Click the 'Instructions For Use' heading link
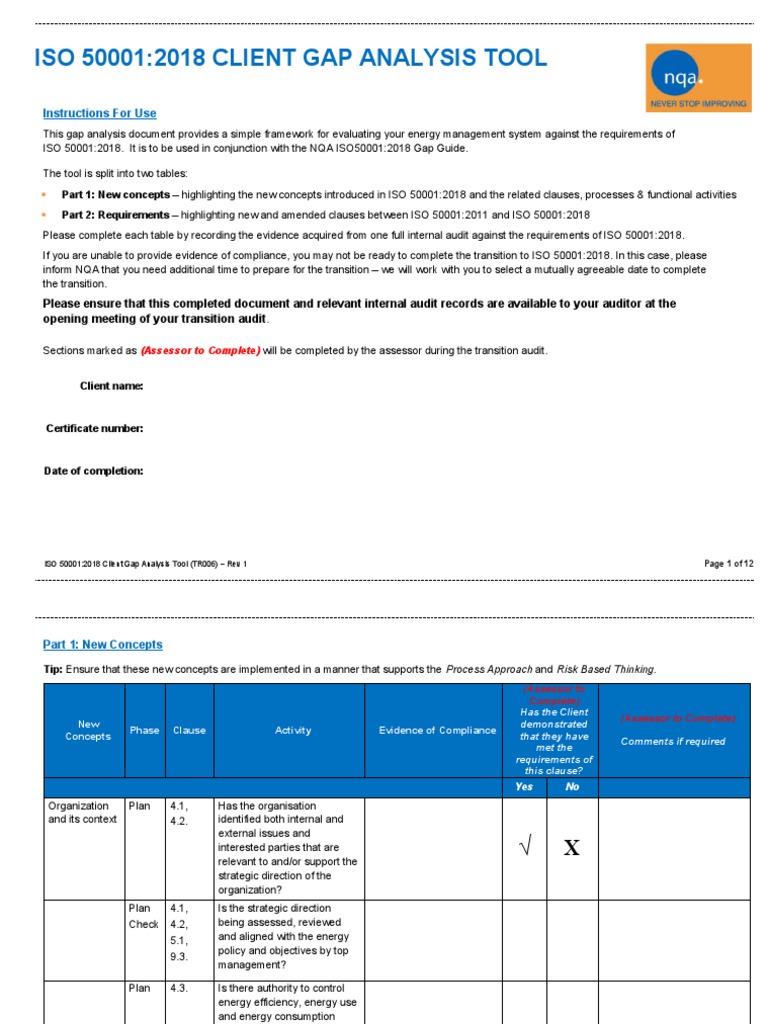[x=99, y=114]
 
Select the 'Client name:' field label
[x=111, y=386]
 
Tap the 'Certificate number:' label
[x=95, y=428]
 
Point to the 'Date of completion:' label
[x=94, y=470]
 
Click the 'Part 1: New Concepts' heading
[x=102, y=645]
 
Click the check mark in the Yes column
[x=524, y=847]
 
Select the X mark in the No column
[x=571, y=848]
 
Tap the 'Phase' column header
[x=144, y=730]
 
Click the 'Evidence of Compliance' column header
[x=437, y=730]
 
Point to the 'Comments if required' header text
[x=673, y=742]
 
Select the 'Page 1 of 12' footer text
[x=729, y=564]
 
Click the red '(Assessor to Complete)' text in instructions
[x=200, y=351]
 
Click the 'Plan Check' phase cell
[x=143, y=916]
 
